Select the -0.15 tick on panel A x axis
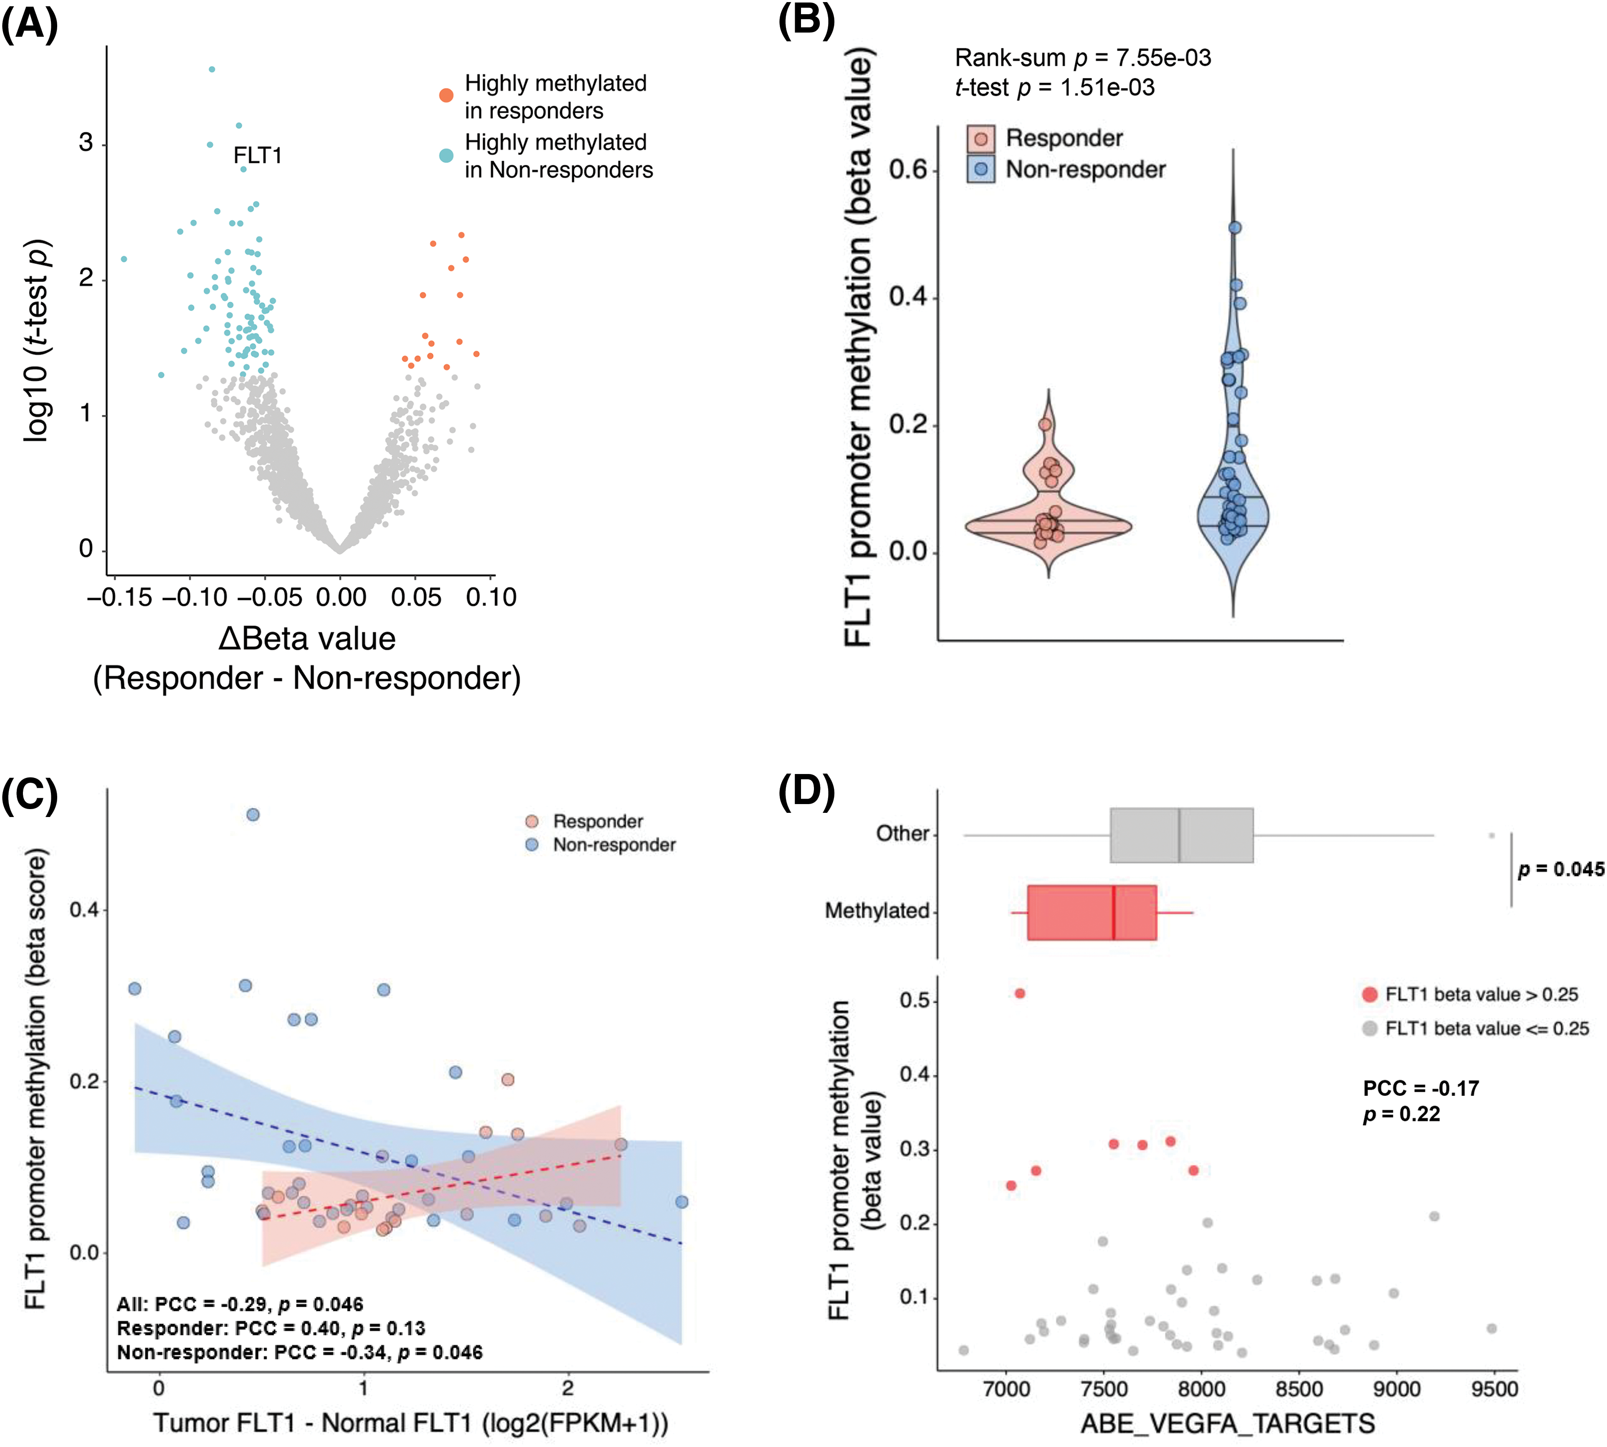(x=119, y=597)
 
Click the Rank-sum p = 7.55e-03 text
(x=1082, y=58)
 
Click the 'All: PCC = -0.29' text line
(x=240, y=1304)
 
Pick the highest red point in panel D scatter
(x=1020, y=994)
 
